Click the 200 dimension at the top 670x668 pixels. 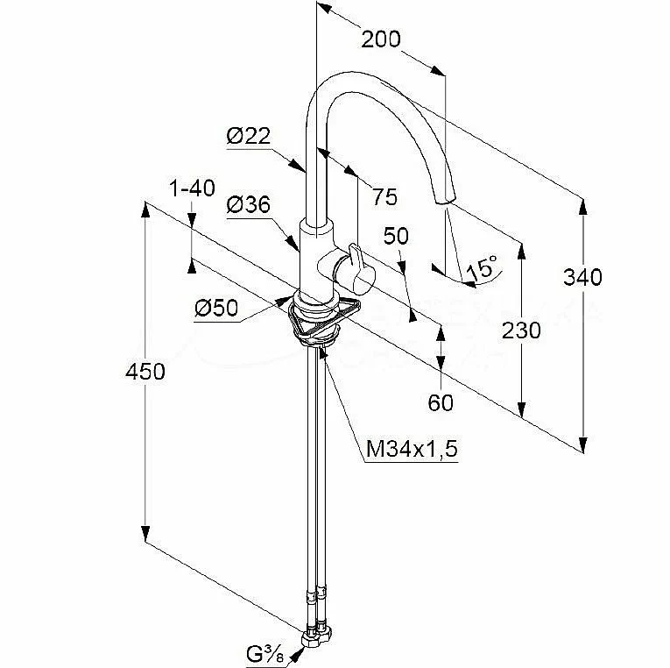click(x=381, y=39)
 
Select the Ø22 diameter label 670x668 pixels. click(x=248, y=136)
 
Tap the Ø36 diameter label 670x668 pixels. click(x=248, y=205)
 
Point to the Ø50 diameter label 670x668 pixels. click(x=216, y=308)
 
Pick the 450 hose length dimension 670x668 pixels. click(x=145, y=372)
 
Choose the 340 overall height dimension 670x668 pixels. click(x=583, y=278)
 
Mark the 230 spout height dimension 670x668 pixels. click(x=522, y=330)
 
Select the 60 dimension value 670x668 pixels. click(x=441, y=402)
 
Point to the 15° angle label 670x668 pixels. click(x=481, y=269)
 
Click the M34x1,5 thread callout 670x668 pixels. click(x=412, y=450)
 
